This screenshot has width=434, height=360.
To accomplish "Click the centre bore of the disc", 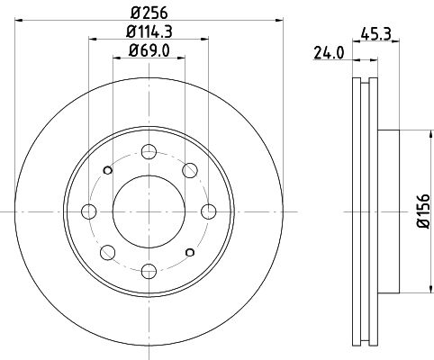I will pyautogui.click(x=149, y=211).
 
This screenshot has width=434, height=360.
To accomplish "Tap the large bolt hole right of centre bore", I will pyautogui.click(x=209, y=211).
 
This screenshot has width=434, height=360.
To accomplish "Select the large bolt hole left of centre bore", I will pyautogui.click(x=88, y=211).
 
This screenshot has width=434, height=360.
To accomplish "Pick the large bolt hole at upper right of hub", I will pyautogui.click(x=190, y=170).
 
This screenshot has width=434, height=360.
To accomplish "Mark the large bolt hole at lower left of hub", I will pyautogui.click(x=107, y=253).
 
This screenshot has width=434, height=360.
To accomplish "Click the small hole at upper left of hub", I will pyautogui.click(x=108, y=170).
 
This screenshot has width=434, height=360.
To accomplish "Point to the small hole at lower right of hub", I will pyautogui.click(x=189, y=252).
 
